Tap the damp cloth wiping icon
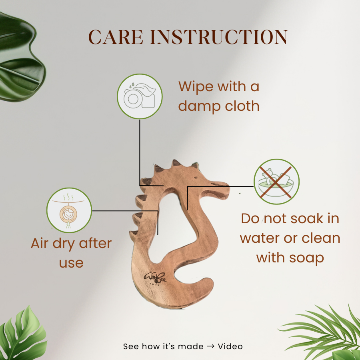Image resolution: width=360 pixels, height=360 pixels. [140, 96]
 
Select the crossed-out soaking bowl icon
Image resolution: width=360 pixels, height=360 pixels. [276, 182]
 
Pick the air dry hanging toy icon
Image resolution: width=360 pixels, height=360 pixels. [69, 210]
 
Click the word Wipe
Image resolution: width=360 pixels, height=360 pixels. [196, 86]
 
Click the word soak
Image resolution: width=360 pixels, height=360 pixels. [307, 218]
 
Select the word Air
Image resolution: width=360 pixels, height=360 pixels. [40, 243]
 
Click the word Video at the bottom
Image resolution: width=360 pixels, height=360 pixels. [230, 346]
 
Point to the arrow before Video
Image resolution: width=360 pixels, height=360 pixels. [210, 346]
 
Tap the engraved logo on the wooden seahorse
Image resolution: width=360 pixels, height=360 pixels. [155, 278]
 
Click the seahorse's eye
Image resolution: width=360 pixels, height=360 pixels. [196, 178]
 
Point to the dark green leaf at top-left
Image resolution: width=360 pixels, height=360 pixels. [21, 57]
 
